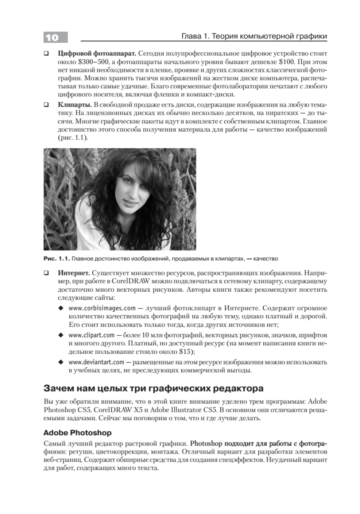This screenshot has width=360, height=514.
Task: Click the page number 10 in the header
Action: click(x=51, y=37)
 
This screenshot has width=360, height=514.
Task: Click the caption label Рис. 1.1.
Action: click(x=57, y=259)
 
